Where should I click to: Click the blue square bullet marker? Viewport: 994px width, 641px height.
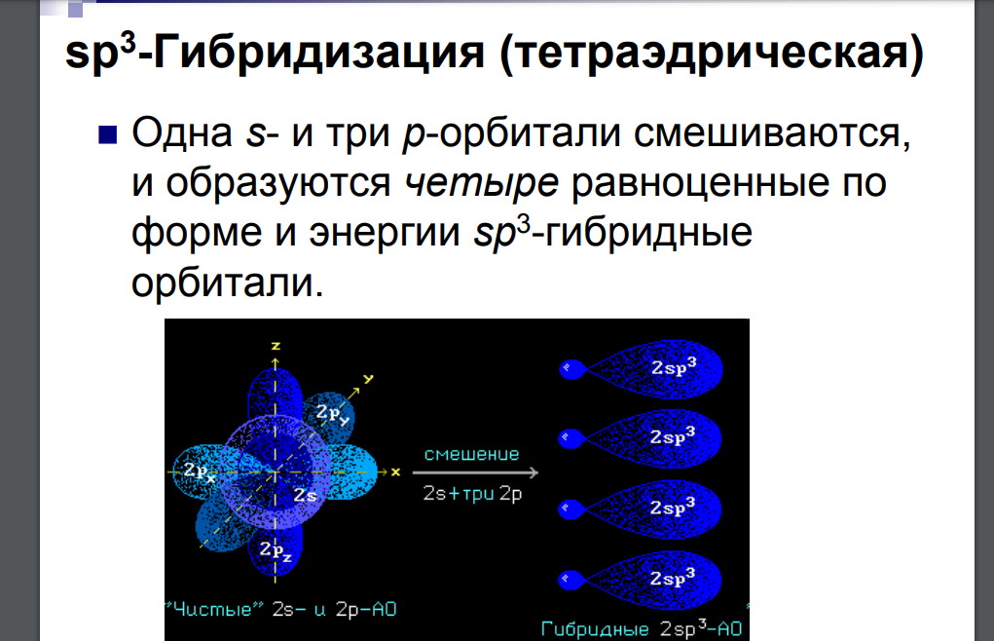108,135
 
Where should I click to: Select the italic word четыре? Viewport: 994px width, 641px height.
481,184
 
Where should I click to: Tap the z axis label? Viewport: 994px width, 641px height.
276,346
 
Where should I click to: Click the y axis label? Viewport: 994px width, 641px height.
368,380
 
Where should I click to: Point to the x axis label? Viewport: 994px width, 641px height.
395,472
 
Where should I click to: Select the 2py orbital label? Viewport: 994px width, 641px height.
332,413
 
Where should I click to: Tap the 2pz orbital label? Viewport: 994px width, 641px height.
276,550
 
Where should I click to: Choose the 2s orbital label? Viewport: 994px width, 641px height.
305,495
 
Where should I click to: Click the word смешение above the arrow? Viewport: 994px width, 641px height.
471,454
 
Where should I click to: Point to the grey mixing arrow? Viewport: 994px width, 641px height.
475,472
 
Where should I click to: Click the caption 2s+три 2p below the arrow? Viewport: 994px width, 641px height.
472,494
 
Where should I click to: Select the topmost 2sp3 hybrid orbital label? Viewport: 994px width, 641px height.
674,366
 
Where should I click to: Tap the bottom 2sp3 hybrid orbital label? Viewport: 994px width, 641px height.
673,578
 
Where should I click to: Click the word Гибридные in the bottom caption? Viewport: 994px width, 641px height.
595,629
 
